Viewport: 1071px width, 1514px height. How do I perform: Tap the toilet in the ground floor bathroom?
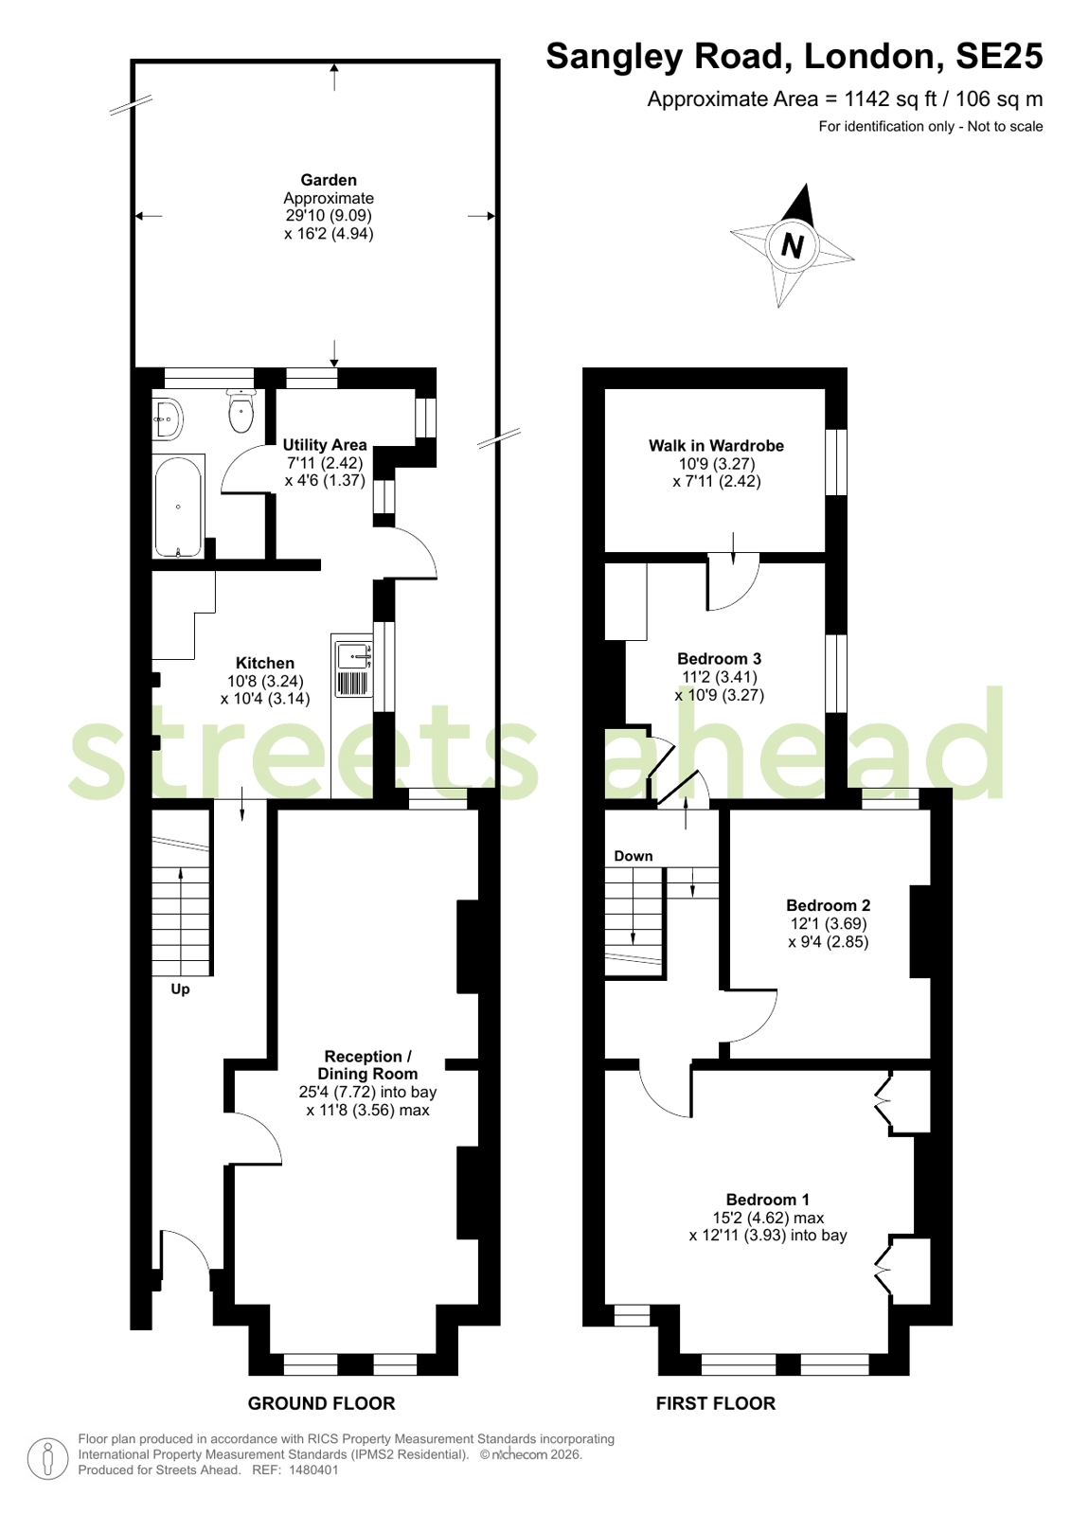tap(241, 410)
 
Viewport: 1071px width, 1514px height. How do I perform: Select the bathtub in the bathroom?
tap(178, 506)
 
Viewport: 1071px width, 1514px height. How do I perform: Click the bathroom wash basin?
tap(168, 419)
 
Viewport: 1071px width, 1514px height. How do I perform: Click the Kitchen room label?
tap(264, 663)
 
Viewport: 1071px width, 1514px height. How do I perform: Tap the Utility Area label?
tap(325, 445)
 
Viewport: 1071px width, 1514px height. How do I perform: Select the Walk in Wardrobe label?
tap(716, 445)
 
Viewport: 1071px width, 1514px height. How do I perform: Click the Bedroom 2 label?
tap(829, 905)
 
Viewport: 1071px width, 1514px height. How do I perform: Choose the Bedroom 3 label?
tap(720, 658)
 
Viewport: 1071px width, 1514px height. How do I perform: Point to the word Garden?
tap(329, 180)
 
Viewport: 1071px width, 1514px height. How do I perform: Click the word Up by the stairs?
tap(180, 989)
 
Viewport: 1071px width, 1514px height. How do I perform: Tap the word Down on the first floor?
tap(634, 856)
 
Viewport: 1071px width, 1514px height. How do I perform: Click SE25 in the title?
tap(999, 56)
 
